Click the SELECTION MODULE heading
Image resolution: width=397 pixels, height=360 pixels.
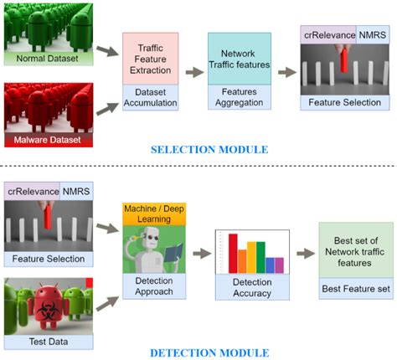coord(209,150)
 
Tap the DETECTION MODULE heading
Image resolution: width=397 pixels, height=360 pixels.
coord(209,352)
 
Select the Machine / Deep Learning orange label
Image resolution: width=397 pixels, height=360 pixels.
coord(149,213)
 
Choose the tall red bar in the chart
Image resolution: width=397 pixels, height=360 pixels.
coord(233,253)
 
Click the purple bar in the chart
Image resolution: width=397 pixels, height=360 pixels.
coord(280,265)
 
